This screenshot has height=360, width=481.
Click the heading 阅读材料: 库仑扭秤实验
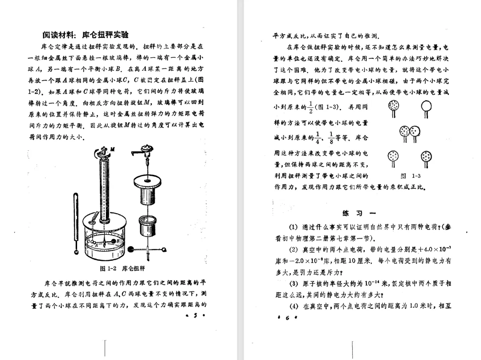(86, 35)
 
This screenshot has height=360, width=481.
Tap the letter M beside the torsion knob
(112, 149)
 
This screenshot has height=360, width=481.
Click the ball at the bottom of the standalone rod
(77, 251)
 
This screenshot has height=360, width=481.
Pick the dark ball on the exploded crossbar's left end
(130, 250)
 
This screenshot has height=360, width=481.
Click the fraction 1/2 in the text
(310, 108)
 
